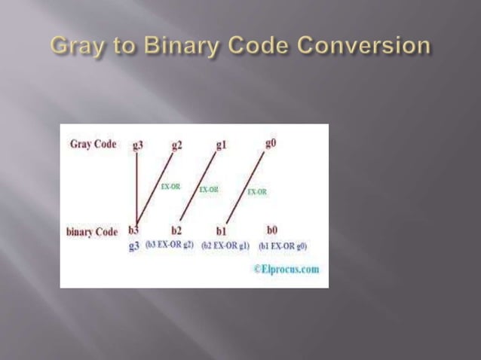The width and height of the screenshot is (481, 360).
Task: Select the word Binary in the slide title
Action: pyautogui.click(x=173, y=46)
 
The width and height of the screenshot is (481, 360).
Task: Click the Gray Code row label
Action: pyautogui.click(x=93, y=144)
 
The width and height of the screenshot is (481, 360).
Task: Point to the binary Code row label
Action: pyautogui.click(x=91, y=231)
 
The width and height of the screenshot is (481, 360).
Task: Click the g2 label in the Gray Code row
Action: pyautogui.click(x=176, y=145)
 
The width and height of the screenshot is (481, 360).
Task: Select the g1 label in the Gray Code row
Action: pyautogui.click(x=221, y=144)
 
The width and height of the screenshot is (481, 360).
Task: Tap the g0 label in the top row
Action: pyautogui.click(x=271, y=143)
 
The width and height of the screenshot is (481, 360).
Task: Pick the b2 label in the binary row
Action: pyautogui.click(x=176, y=230)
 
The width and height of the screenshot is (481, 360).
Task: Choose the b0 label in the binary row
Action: pyautogui.click(x=272, y=230)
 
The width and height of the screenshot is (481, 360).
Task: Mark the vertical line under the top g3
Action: pyautogui.click(x=136, y=188)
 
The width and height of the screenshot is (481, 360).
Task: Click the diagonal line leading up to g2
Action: pyautogui.click(x=156, y=188)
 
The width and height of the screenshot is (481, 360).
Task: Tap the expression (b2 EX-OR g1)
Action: pyautogui.click(x=225, y=246)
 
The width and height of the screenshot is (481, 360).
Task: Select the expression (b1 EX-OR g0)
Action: pyautogui.click(x=283, y=246)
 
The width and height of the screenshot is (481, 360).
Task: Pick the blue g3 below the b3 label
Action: pyautogui.click(x=134, y=246)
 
